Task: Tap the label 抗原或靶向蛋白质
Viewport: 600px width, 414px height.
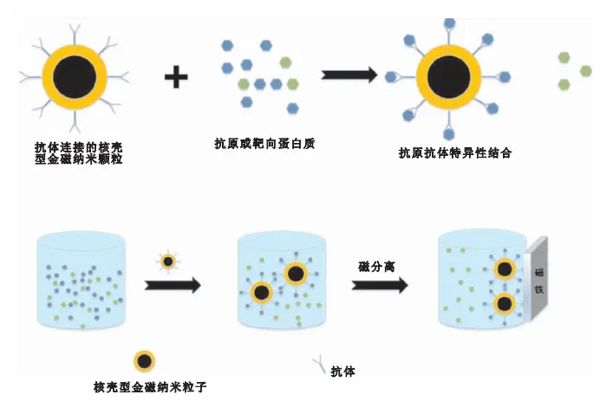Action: tap(264, 143)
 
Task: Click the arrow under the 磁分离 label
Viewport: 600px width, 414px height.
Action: tap(380, 285)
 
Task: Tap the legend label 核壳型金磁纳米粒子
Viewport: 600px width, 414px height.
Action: tap(149, 387)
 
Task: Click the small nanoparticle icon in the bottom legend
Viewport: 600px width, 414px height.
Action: tap(144, 361)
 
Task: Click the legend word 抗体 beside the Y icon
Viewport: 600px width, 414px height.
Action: tap(342, 372)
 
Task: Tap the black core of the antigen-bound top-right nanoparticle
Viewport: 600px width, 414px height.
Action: tap(448, 76)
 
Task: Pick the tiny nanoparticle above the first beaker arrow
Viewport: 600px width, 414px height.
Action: tap(168, 261)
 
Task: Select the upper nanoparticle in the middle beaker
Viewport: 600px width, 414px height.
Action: tap(296, 275)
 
